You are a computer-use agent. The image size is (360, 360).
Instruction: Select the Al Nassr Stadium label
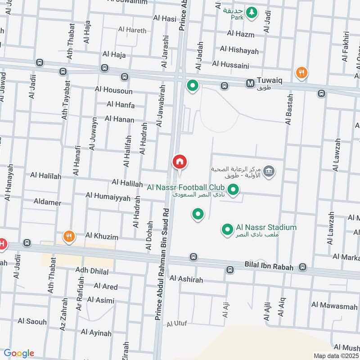click(x=266, y=227)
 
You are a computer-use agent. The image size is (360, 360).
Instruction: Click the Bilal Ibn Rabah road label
click(x=269, y=267)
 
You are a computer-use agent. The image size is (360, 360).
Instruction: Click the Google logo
click(x=19, y=353)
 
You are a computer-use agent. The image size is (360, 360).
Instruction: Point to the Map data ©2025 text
click(x=335, y=355)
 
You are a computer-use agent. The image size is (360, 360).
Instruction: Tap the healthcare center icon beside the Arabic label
click(x=269, y=171)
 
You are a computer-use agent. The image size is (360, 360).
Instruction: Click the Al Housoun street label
click(x=114, y=90)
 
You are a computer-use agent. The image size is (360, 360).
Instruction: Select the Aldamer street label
click(x=47, y=202)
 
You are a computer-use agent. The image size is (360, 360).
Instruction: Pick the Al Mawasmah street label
click(x=334, y=306)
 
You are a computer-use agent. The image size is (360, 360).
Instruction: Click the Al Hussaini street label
click(x=230, y=65)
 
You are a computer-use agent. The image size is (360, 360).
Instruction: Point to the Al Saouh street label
click(x=32, y=321)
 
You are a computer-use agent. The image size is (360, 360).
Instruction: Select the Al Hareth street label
click(x=132, y=30)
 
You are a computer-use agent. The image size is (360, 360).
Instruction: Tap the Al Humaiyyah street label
click(x=108, y=197)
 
